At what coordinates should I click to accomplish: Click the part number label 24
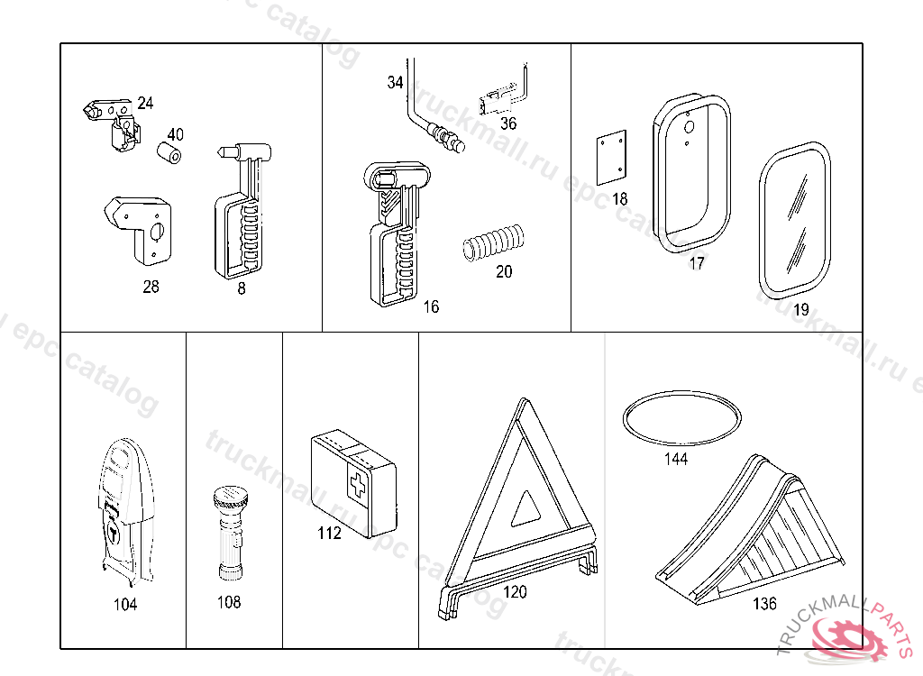(x=145, y=104)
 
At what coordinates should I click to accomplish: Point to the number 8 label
(x=242, y=288)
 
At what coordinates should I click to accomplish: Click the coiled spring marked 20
(x=493, y=244)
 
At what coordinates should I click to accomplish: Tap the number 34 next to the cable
(x=395, y=83)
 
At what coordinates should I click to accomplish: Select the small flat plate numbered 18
(x=612, y=157)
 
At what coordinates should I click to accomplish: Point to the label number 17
(x=696, y=264)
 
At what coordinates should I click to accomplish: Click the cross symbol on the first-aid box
(x=358, y=486)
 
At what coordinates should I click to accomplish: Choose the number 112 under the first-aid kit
(x=329, y=533)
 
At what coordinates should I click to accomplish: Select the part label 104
(x=125, y=604)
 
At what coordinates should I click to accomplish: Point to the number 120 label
(x=515, y=592)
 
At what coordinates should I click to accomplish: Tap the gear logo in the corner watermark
(x=848, y=639)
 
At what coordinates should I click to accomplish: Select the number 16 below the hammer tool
(x=431, y=307)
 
